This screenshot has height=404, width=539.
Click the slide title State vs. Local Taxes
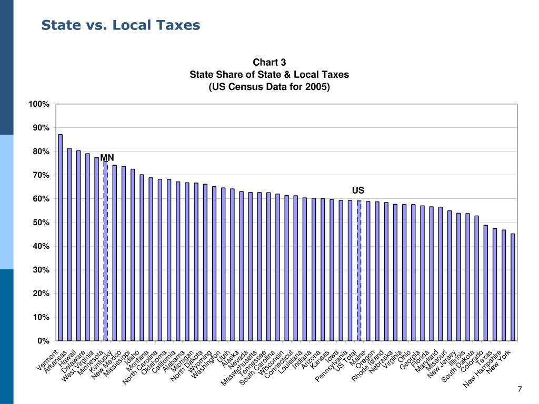click(121, 25)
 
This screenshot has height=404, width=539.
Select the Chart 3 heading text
click(269, 63)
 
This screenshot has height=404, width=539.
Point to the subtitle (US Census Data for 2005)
click(269, 87)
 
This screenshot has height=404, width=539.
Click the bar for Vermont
click(60, 237)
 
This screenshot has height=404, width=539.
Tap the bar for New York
click(513, 287)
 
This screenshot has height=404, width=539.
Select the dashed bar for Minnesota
click(105, 250)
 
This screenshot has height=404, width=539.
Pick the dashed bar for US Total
click(359, 270)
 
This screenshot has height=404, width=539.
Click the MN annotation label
click(107, 158)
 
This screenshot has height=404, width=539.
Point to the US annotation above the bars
click(358, 190)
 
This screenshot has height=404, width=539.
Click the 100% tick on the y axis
click(39, 104)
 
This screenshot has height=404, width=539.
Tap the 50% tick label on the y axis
click(41, 223)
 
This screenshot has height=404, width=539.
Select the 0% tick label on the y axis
click(43, 341)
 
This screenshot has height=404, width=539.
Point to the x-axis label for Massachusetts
click(239, 368)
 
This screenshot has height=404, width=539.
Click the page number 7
click(520, 389)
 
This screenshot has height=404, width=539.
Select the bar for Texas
click(495, 284)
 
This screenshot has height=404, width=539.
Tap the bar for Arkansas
click(69, 244)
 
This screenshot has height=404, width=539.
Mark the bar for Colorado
click(485, 282)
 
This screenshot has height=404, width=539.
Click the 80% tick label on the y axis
click(41, 151)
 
